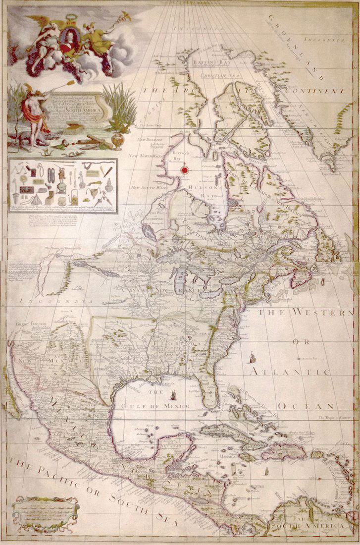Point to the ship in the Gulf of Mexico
(174, 394)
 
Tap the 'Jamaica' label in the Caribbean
(230, 455)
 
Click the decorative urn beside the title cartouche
(117, 140)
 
